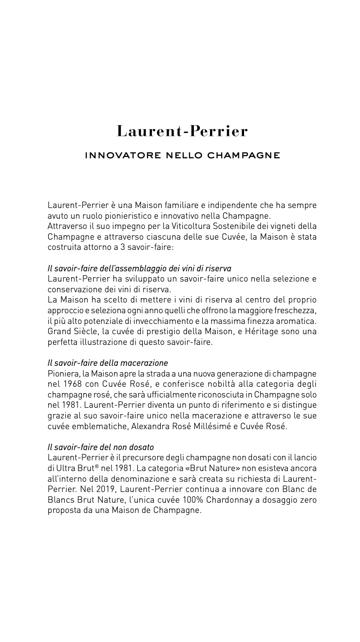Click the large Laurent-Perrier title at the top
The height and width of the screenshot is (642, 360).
tap(182, 132)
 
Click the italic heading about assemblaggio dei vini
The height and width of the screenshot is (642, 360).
tap(139, 268)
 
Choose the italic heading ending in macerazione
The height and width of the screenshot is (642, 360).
tap(108, 363)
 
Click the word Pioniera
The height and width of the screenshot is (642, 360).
tap(62, 374)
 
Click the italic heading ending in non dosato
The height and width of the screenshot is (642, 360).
tap(101, 447)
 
